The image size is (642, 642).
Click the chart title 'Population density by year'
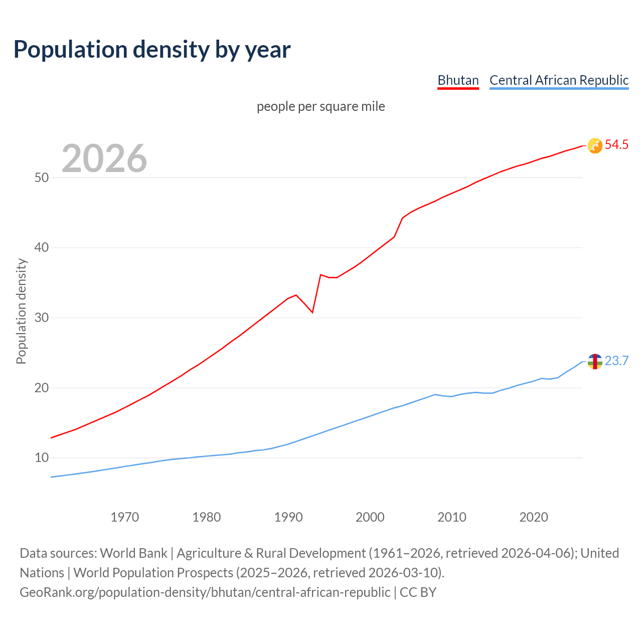coord(152,50)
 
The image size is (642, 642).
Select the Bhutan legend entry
coord(458,80)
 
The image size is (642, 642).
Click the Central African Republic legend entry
coord(559,80)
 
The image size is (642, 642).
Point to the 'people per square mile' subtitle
coord(320,106)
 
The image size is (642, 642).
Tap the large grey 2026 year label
coord(104,158)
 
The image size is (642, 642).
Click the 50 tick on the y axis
coord(42,178)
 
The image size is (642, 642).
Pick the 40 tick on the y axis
coord(42,248)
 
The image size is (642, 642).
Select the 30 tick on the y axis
coord(42,318)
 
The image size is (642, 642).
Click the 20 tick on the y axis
coord(42,388)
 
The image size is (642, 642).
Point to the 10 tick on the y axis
coord(42,458)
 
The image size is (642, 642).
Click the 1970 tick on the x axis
coord(125,517)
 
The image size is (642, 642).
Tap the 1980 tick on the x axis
coord(207,517)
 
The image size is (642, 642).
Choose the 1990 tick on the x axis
coord(288,517)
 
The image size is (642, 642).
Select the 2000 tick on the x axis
coord(370,517)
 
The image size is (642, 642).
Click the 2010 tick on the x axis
coord(452,517)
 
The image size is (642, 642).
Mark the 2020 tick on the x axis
coord(534,517)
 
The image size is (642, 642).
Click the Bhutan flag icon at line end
coord(595,145)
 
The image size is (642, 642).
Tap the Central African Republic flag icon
coord(595,361)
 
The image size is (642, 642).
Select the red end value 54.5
coord(616,145)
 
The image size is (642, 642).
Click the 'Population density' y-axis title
coord(21,311)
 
